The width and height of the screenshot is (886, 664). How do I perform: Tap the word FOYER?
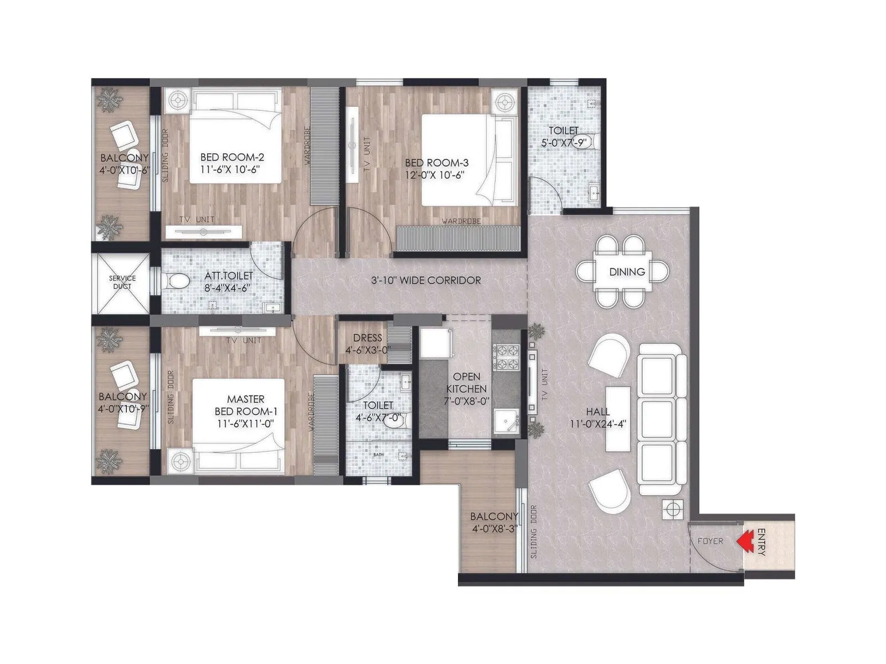click(710, 541)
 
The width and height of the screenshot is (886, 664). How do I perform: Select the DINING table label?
click(627, 272)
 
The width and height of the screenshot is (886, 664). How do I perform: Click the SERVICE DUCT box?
click(122, 282)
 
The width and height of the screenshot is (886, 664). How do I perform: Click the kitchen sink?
click(505, 422)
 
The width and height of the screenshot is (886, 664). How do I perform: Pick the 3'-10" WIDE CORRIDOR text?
click(426, 281)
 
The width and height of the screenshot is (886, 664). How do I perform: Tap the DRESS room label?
click(367, 338)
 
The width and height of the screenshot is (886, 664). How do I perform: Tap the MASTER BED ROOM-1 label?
click(245, 405)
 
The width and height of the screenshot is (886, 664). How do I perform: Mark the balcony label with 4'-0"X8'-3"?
click(494, 523)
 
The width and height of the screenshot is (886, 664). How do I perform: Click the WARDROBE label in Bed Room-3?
click(461, 221)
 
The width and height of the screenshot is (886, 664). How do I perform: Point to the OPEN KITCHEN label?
click(467, 382)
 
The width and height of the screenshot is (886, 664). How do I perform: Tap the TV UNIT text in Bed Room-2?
click(196, 220)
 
